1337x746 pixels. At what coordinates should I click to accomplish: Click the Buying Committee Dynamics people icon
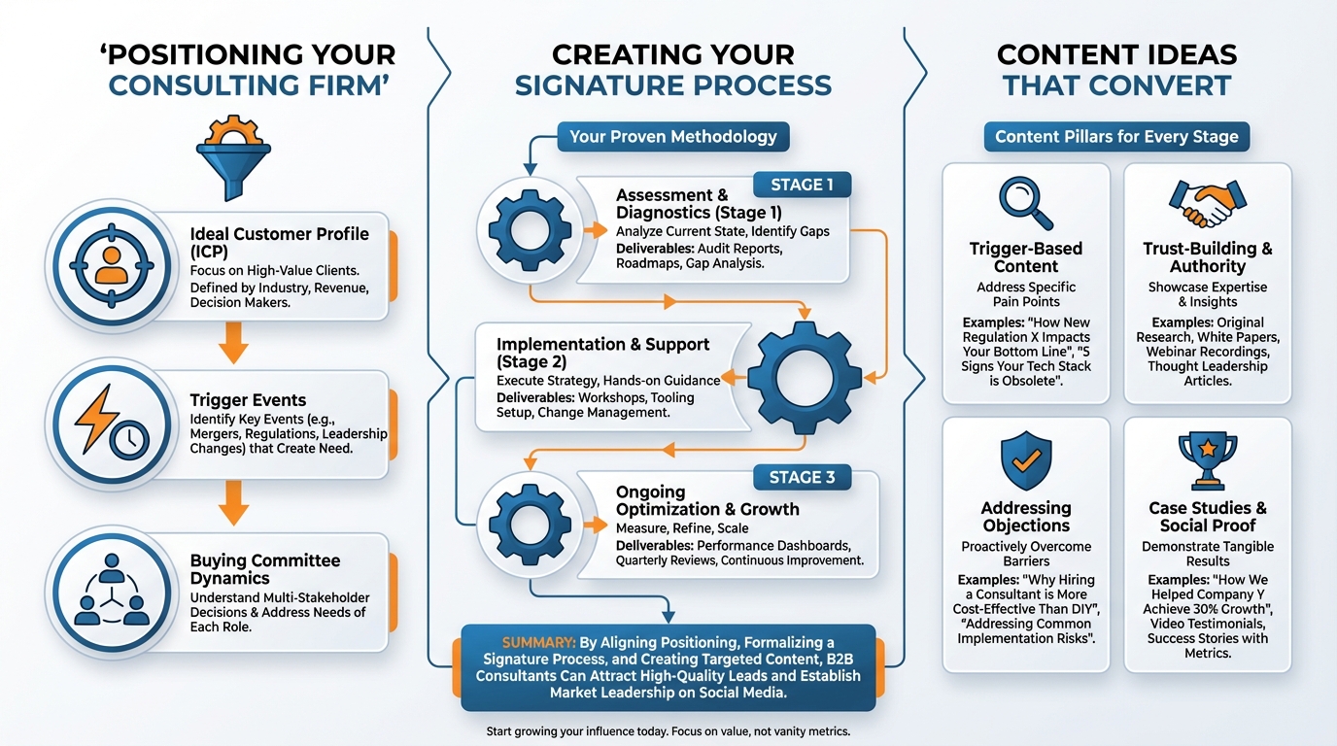click(111, 590)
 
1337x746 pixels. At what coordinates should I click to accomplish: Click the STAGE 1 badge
click(803, 185)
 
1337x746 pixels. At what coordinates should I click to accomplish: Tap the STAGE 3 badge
click(803, 477)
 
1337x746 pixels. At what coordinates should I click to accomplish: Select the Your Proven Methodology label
click(672, 137)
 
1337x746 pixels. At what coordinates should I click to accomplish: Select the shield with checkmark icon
click(1025, 462)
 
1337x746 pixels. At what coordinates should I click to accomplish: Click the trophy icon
click(1207, 462)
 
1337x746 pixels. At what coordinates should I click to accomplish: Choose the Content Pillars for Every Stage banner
click(1116, 137)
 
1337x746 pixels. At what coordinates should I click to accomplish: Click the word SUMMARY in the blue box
click(537, 643)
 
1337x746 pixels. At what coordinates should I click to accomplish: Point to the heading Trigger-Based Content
click(1025, 257)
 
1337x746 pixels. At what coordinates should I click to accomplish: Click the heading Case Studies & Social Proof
click(1207, 516)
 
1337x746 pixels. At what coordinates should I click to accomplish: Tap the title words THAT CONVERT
click(1116, 85)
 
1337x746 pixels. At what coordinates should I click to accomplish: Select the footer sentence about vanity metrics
click(668, 731)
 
